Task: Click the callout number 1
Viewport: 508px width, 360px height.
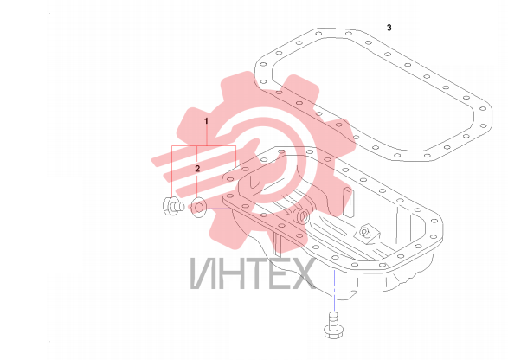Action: point(206,121)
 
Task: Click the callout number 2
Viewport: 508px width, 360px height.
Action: point(197,169)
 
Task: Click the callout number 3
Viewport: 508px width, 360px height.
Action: point(389,28)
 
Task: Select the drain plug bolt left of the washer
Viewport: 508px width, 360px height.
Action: point(173,206)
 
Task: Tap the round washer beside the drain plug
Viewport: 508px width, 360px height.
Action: point(198,207)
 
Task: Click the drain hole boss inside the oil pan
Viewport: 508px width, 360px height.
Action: point(302,216)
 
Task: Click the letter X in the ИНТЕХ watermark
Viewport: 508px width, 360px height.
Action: point(302,273)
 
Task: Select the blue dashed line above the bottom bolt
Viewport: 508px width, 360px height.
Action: point(334,290)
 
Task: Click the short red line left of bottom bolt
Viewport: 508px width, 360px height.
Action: point(316,331)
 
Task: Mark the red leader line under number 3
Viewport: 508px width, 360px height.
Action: point(389,40)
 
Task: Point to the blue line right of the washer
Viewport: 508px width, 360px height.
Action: point(219,209)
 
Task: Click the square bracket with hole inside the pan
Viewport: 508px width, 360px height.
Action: point(366,234)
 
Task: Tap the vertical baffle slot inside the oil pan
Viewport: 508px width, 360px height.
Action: point(348,202)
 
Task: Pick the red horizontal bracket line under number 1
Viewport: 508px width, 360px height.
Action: point(203,146)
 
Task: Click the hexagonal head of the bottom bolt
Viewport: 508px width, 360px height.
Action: point(334,332)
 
